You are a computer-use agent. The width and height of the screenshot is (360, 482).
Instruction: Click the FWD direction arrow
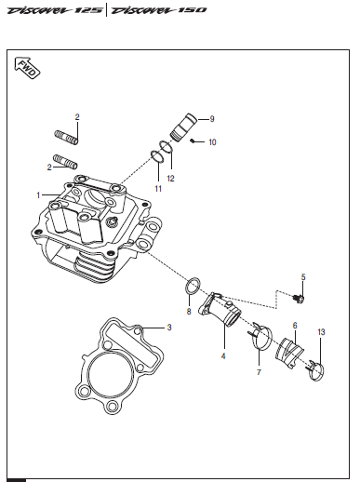[x=27, y=67]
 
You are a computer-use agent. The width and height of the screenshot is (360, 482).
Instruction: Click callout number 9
[x=212, y=119]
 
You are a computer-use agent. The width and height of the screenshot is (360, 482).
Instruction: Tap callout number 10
[x=212, y=142]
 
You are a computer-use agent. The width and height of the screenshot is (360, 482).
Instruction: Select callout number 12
[x=170, y=179]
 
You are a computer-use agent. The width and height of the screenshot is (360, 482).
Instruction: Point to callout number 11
[x=158, y=189]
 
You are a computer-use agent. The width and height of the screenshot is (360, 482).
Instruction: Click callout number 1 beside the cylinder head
[x=38, y=195]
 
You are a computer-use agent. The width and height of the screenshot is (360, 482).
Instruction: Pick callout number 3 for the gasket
[x=169, y=328]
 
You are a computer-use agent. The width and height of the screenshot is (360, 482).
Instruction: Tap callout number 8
[x=189, y=312]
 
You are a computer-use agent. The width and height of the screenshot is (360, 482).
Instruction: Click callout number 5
[x=303, y=277]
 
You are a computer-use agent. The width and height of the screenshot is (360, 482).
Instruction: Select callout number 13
[x=322, y=332]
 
